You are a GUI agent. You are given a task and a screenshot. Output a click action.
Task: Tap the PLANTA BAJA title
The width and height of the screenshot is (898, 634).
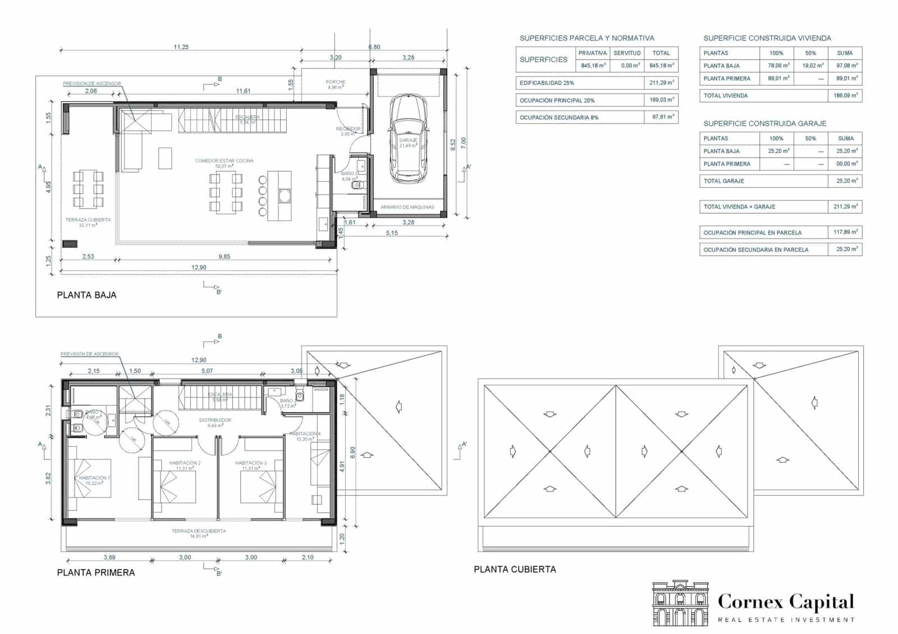coord(87,295)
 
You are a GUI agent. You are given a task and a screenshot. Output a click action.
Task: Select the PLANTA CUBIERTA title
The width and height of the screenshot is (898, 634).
coord(515,569)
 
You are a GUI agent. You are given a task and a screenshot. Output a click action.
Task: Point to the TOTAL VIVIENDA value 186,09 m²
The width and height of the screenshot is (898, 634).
coord(845,96)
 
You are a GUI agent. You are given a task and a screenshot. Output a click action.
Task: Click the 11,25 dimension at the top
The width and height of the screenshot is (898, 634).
coord(181,47)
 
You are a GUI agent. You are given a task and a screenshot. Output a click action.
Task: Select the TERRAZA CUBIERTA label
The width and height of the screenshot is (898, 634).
coord(88,220)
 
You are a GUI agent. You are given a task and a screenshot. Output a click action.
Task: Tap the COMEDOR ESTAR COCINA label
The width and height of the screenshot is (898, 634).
coord(224,161)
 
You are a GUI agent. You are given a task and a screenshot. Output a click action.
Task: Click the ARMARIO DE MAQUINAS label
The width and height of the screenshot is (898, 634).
coord(407,207)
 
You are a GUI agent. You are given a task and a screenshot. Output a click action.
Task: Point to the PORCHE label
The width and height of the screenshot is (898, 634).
coord(336,82)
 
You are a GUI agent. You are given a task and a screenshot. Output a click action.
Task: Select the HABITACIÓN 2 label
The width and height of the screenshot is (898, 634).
coord(185,463)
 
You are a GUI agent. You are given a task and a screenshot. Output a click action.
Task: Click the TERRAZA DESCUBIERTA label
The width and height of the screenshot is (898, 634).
coord(199,531)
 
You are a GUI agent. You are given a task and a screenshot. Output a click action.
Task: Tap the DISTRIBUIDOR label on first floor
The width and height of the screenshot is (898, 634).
coord(215,420)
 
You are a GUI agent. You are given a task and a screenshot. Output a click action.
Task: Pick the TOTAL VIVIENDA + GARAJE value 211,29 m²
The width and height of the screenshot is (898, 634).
coord(845,207)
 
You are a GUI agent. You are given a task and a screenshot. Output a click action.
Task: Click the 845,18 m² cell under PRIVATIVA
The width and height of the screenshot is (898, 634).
coord(593,66)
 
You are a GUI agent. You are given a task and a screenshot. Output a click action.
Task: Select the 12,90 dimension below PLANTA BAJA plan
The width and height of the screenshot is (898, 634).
coord(199,268)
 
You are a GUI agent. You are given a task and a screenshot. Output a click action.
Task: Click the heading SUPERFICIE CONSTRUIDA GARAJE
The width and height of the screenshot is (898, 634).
coord(764,123)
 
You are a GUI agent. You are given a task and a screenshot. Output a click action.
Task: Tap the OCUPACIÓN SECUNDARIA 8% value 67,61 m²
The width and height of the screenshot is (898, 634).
coord(662,117)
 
